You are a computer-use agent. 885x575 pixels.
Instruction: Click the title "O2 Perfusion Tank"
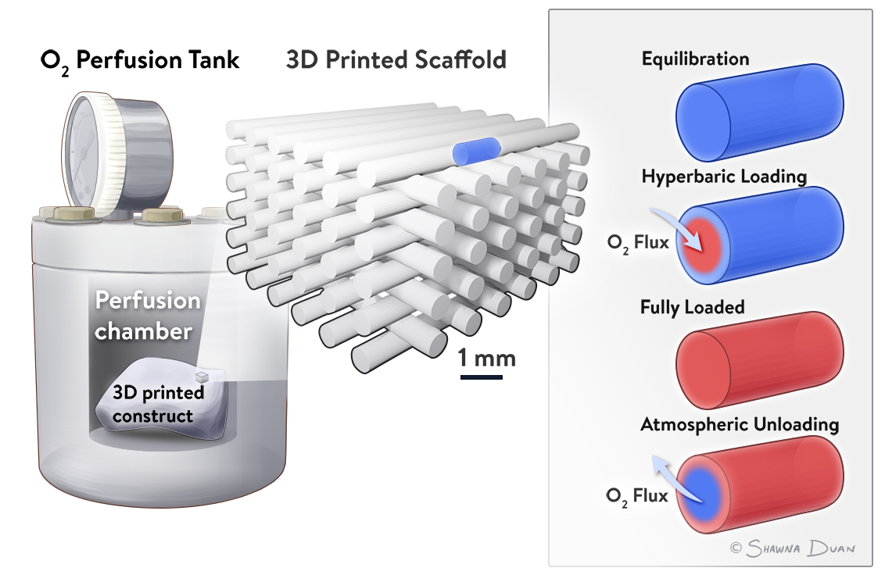point(140,60)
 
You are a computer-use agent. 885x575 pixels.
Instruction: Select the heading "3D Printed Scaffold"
point(396,59)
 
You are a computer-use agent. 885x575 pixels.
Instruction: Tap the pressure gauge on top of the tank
point(117,156)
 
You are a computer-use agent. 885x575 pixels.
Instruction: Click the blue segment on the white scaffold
point(476,151)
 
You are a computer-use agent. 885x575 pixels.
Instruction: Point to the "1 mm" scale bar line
point(481,378)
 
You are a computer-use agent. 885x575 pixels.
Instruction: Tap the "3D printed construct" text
point(158,403)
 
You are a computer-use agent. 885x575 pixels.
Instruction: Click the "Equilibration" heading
point(695,59)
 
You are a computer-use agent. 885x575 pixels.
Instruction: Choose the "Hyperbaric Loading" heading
point(723,177)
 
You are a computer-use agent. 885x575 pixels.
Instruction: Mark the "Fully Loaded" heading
point(692,307)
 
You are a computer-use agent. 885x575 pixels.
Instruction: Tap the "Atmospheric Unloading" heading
point(739,425)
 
